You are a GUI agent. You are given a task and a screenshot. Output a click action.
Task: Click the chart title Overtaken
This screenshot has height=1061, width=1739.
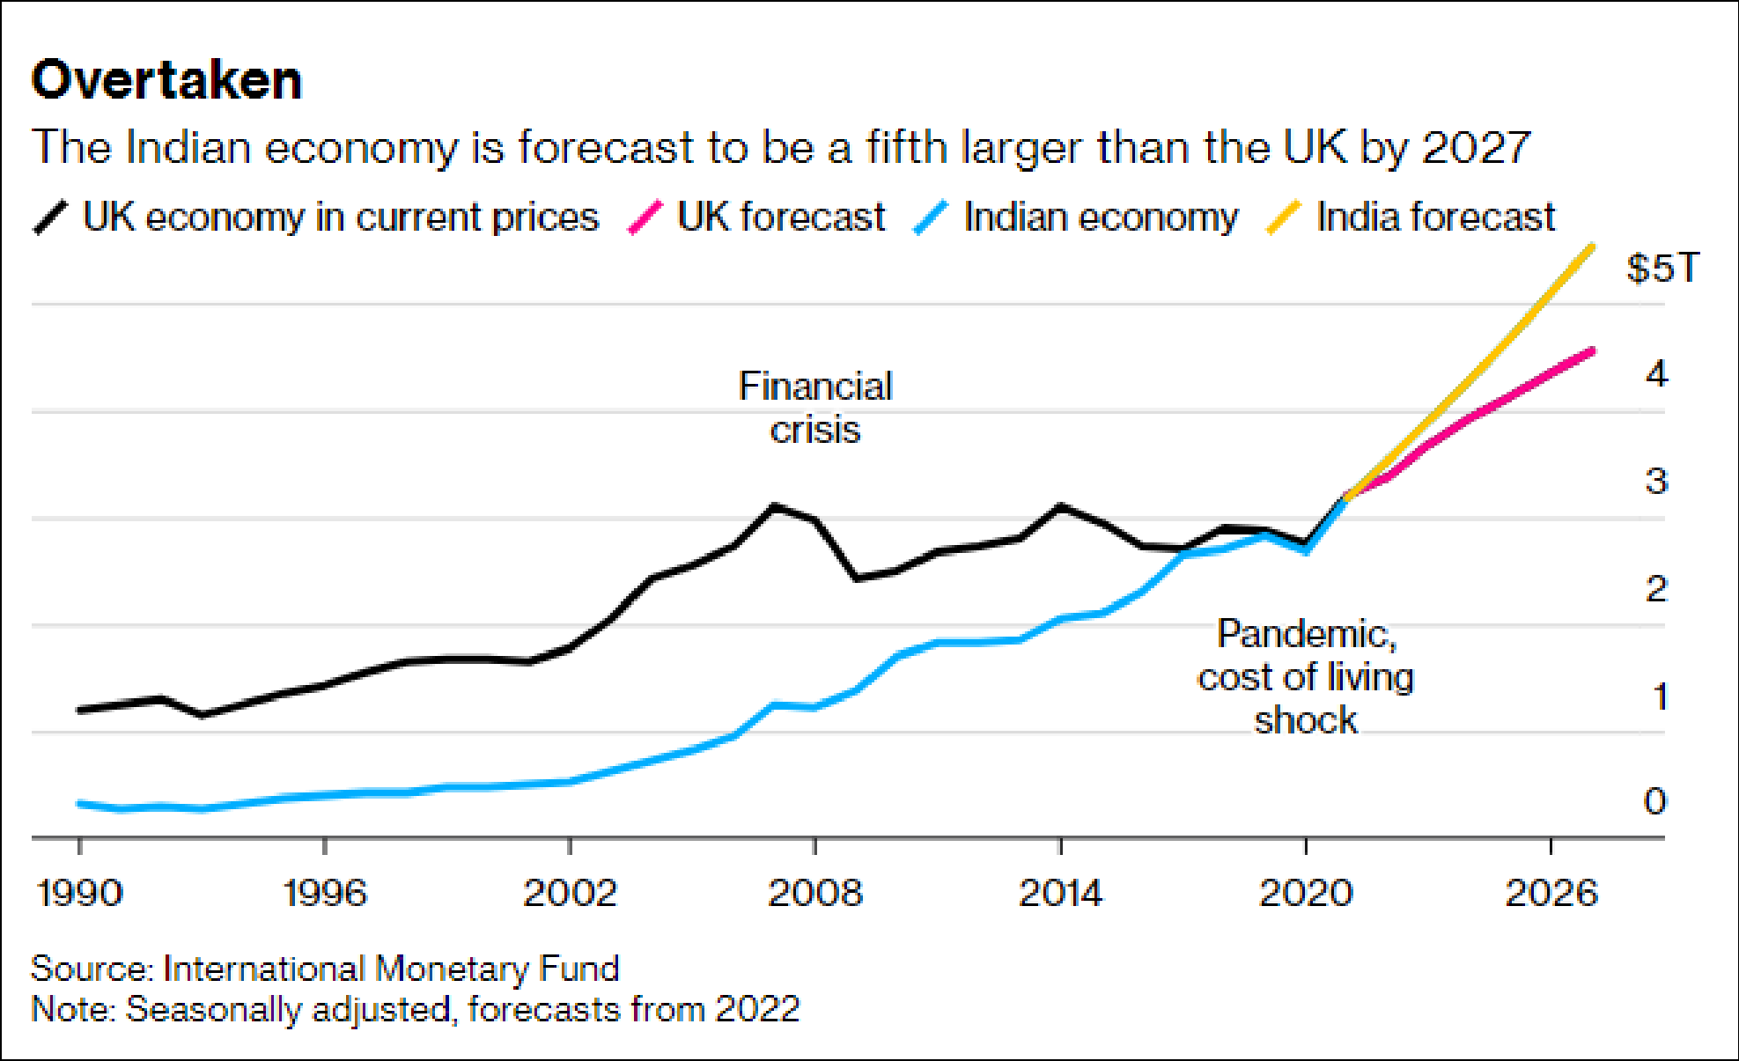pyautogui.click(x=166, y=80)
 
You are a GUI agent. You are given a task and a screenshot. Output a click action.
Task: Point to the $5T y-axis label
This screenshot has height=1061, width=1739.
pyautogui.click(x=1662, y=268)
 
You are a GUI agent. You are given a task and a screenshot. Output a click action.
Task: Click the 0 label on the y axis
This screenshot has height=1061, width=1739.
pyautogui.click(x=1654, y=801)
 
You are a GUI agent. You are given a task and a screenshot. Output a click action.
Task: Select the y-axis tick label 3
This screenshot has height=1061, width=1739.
pyautogui.click(x=1656, y=482)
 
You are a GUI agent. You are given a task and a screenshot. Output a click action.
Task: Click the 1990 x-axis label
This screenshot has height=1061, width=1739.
pyautogui.click(x=79, y=893)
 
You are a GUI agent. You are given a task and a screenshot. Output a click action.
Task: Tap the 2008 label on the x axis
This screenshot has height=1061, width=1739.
pyautogui.click(x=815, y=893)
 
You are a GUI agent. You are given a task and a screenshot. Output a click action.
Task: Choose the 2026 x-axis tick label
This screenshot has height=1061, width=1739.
pyautogui.click(x=1551, y=893)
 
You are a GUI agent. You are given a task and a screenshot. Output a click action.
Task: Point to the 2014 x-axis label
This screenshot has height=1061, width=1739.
pyautogui.click(x=1060, y=893)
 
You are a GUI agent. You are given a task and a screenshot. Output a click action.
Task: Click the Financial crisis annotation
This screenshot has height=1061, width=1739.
pyautogui.click(x=815, y=408)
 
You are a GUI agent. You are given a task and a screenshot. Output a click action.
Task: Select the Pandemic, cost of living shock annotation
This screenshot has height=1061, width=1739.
pyautogui.click(x=1306, y=676)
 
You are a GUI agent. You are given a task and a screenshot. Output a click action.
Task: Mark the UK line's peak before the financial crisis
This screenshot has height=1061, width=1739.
pyautogui.click(x=774, y=506)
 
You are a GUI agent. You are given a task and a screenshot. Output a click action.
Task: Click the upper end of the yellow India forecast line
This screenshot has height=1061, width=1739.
pyautogui.click(x=1592, y=247)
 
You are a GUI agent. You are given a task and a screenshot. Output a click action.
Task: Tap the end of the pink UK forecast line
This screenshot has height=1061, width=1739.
pyautogui.click(x=1592, y=351)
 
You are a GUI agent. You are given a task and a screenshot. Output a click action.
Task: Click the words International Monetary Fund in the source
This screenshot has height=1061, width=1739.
pyautogui.click(x=391, y=969)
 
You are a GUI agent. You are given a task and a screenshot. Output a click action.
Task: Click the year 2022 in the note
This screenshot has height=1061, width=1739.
pyautogui.click(x=756, y=1009)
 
